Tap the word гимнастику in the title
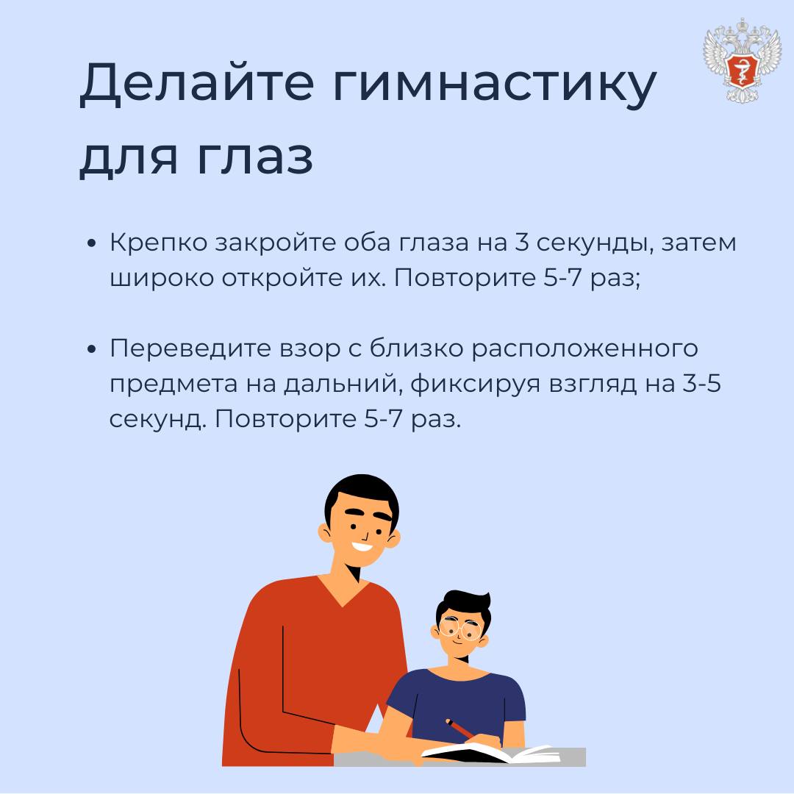coord(495,85)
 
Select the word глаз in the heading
coord(254,157)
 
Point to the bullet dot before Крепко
coord(92,243)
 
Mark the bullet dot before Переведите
coord(92,349)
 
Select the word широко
coord(162,279)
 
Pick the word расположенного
coord(585,350)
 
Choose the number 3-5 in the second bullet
coord(702,383)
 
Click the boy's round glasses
coord(460,629)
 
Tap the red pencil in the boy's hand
coord(459,729)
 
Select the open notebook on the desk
coord(490,753)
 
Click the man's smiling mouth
coord(362,548)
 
